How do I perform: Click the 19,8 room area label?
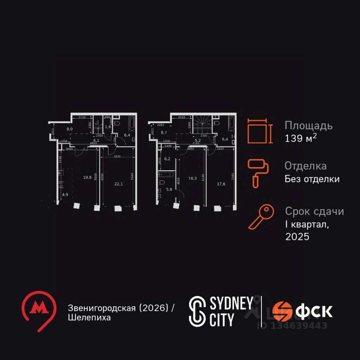tap(88, 177)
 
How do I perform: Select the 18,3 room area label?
tap(193, 178)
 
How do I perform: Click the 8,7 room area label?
tap(164, 132)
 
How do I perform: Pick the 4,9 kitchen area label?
tap(65, 195)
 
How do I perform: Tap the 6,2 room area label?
tap(167, 159)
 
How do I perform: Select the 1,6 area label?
tap(108, 127)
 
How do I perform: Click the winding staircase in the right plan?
tap(202, 123)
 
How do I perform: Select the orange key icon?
tap(258, 217)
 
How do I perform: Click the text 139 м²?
tap(301, 138)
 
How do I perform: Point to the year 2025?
tap(297, 237)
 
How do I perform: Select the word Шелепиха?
tap(89, 318)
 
